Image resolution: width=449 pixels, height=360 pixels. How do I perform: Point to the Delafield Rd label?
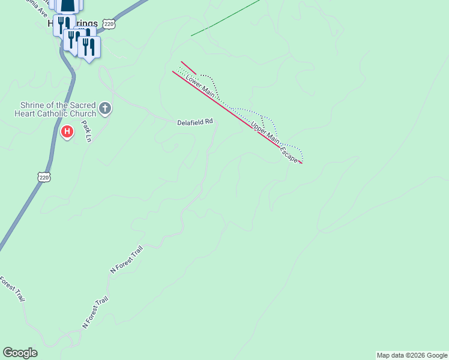[x=195, y=122]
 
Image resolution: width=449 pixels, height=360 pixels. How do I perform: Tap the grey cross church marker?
[x=105, y=109]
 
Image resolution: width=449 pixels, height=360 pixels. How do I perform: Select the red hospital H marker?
[x=67, y=131]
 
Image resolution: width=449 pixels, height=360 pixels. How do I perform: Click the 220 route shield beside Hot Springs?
[x=108, y=23]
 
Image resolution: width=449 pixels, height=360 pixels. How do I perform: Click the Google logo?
[x=20, y=353]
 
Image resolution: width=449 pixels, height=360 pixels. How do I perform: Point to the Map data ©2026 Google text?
[x=412, y=355]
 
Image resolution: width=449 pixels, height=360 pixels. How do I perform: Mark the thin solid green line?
[x=225, y=18]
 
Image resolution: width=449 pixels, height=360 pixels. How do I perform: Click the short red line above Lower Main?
[x=188, y=68]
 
